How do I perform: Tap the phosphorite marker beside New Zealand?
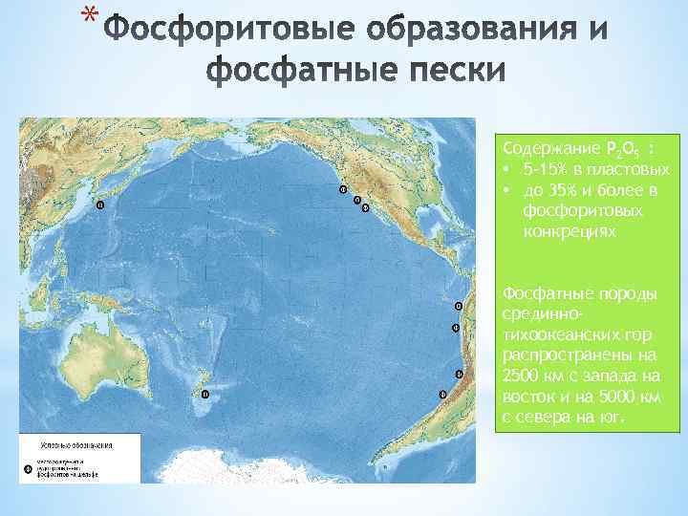tap(203, 394)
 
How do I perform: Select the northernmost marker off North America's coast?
tap(343, 189)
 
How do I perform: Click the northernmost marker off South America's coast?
tap(458, 307)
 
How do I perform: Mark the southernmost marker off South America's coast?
tap(441, 394)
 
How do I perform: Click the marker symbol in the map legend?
tap(27, 468)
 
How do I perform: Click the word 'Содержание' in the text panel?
tap(548, 149)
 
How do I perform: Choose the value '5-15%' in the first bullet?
tap(548, 170)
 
